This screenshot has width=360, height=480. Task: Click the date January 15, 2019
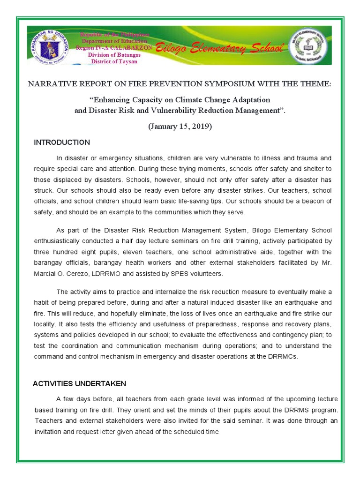click(180, 127)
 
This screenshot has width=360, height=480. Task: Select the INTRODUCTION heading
click(62, 142)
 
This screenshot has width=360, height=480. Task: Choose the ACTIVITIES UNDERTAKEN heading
click(79, 383)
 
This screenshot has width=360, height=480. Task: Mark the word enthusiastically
click(62, 241)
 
